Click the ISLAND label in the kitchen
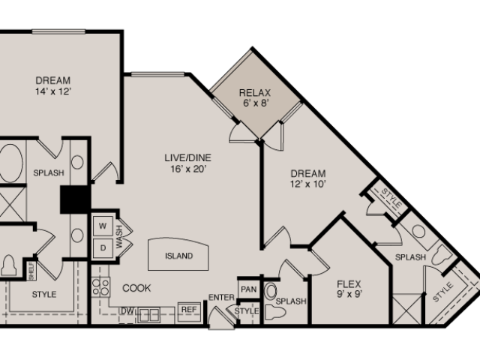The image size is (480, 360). [178, 256]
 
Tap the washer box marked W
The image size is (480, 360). [103, 226]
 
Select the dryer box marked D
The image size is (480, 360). [103, 248]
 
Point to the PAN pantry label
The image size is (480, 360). [248, 289]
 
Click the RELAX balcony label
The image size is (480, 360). [255, 92]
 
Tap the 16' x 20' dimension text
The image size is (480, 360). [187, 169]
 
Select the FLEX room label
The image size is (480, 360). [349, 284]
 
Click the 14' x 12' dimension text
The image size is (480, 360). [53, 91]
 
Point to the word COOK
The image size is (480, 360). [136, 288]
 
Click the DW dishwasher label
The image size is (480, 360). [127, 311]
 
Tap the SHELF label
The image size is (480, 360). [31, 271]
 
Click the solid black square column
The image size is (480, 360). [75, 199]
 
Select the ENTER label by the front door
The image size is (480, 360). [221, 297]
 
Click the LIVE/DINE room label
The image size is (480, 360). [188, 157]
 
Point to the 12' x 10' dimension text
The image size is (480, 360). [307, 184]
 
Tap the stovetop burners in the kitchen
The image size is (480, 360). [100, 287]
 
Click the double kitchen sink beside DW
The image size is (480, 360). [148, 315]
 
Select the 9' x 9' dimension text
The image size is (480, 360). [349, 294]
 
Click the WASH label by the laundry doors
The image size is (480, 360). [119, 237]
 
